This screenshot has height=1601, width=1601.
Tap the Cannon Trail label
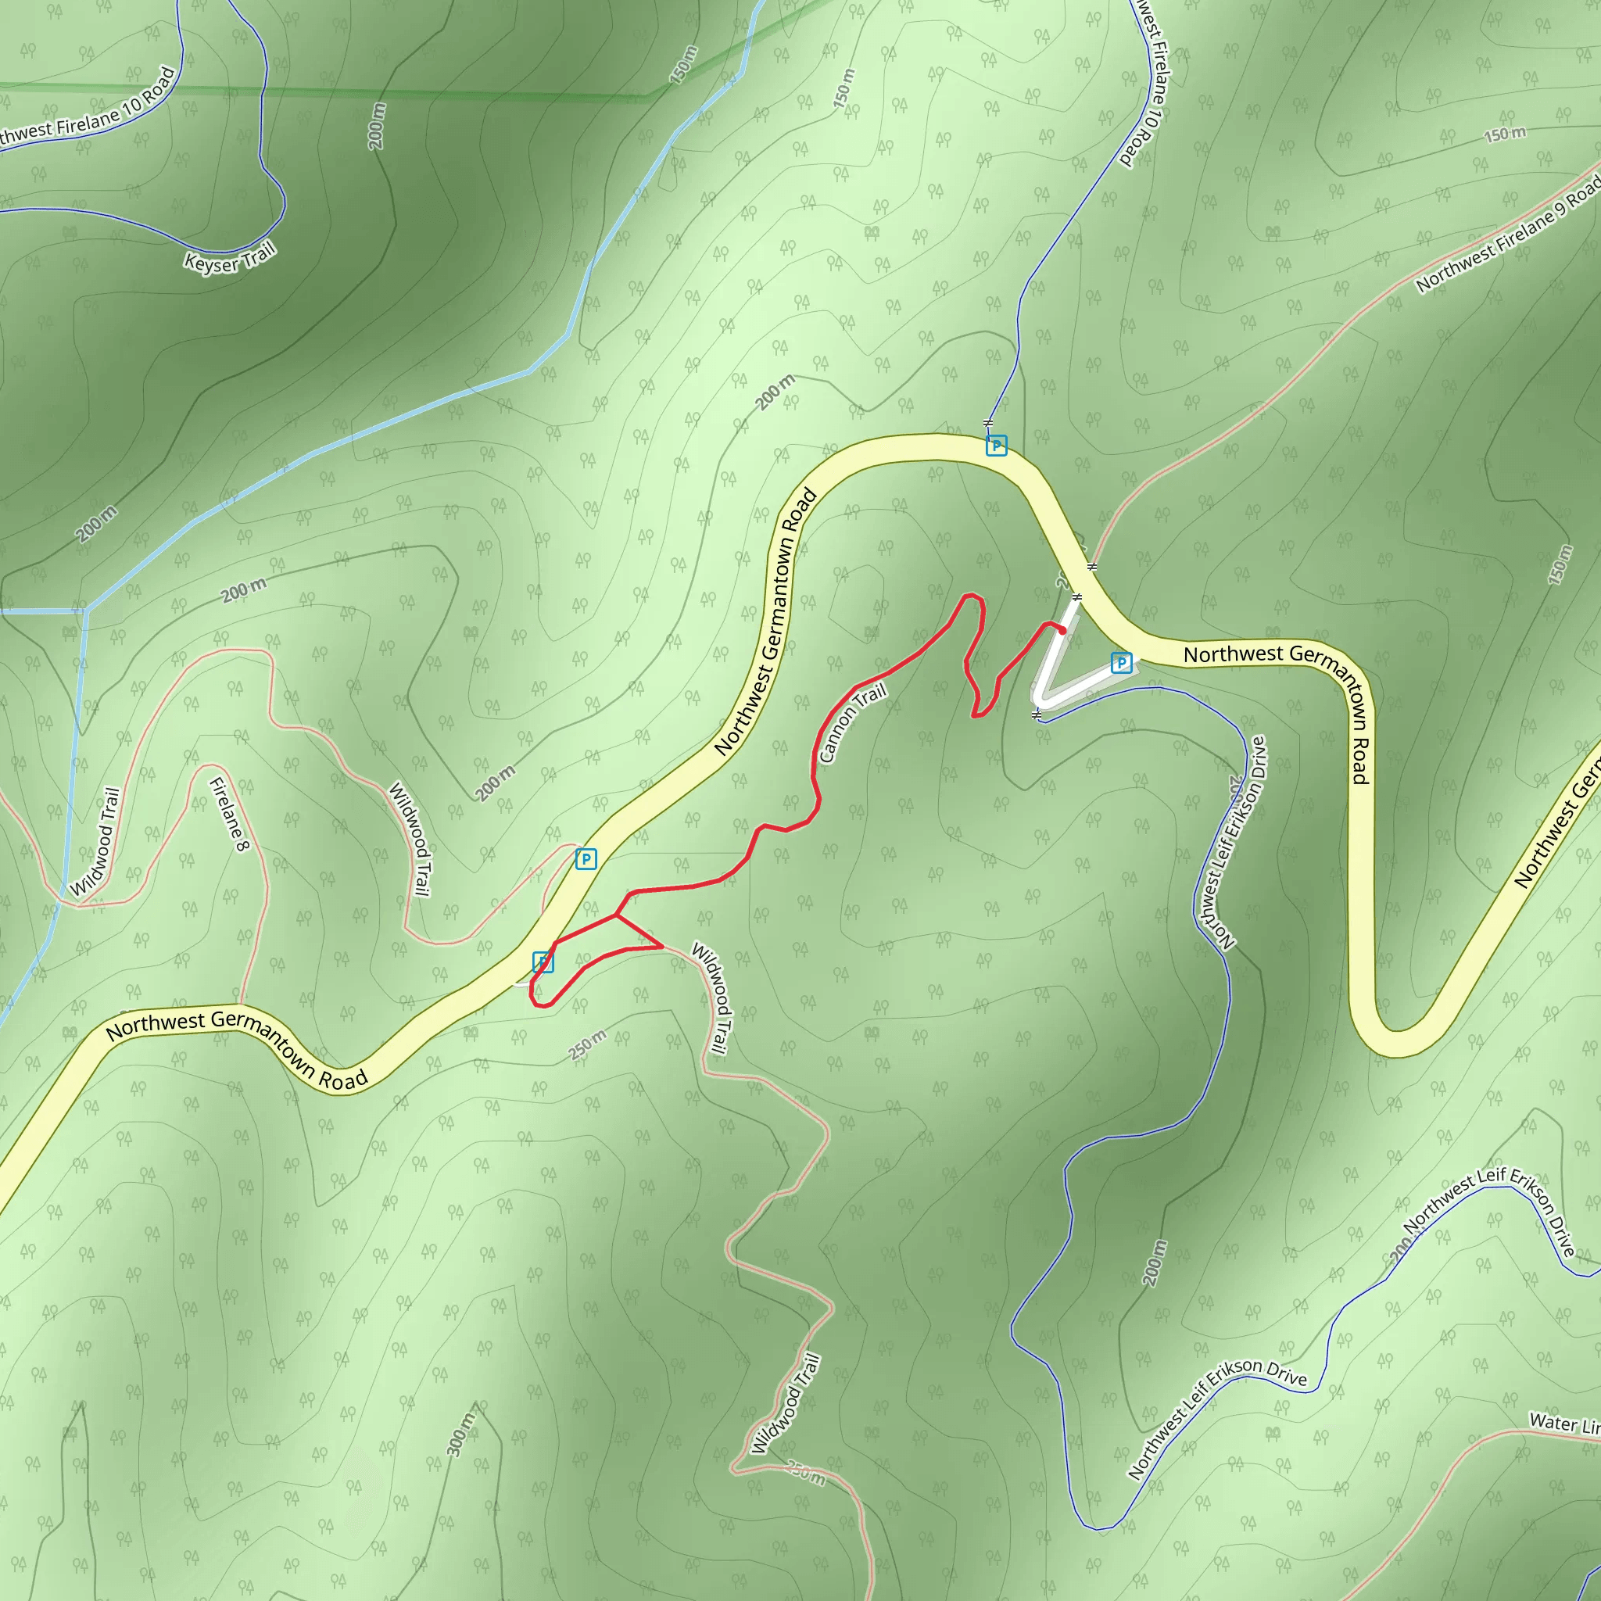click(x=853, y=722)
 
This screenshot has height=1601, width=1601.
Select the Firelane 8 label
click(x=229, y=815)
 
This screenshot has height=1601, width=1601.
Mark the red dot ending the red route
click(x=1062, y=631)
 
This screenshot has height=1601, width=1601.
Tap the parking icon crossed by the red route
click(x=543, y=962)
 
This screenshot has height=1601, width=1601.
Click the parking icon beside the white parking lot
click(x=1121, y=663)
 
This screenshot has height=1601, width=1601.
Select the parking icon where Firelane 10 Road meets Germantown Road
click(x=996, y=446)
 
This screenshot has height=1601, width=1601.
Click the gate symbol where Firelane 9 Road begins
click(x=1092, y=567)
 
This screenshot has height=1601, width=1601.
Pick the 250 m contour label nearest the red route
click(x=588, y=1045)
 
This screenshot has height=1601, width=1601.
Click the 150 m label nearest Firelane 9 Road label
click(x=1504, y=134)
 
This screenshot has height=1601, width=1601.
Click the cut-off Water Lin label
click(x=1563, y=1423)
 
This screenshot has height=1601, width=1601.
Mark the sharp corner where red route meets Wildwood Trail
click(x=662, y=947)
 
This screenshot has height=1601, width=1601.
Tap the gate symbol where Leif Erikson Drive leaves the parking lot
click(x=1037, y=714)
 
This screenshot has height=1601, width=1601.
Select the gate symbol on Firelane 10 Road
click(x=988, y=424)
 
